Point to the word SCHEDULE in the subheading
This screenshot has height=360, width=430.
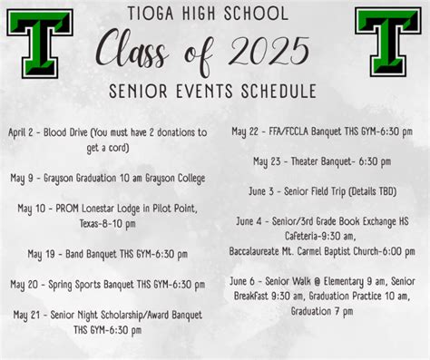pyautogui.click(x=272, y=92)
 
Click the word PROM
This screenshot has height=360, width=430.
pyautogui.click(x=74, y=209)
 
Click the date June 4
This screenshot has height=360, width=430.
pyautogui.click(x=249, y=221)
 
